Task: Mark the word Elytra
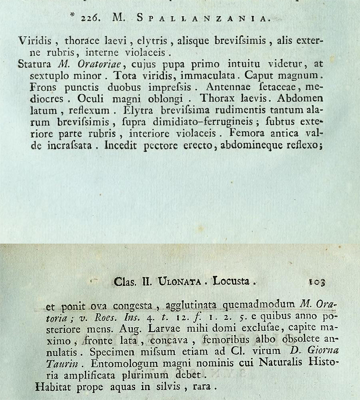pyautogui.click(x=139, y=110)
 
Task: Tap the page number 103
pyautogui.click(x=317, y=282)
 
